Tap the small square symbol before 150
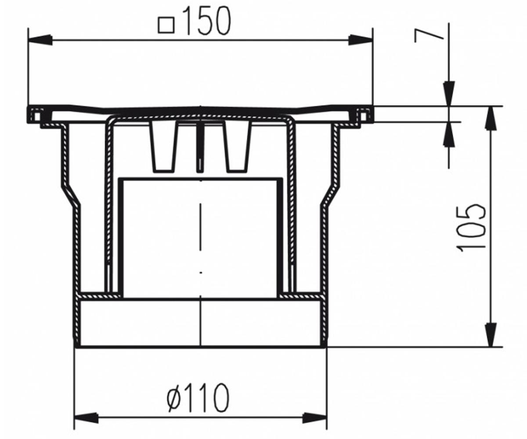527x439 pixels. pos(166,25)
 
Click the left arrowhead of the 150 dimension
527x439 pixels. pos(41,40)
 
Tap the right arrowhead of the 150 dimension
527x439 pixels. pos(361,40)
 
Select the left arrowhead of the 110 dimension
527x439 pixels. pos(87,418)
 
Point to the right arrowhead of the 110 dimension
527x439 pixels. pos(314,418)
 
